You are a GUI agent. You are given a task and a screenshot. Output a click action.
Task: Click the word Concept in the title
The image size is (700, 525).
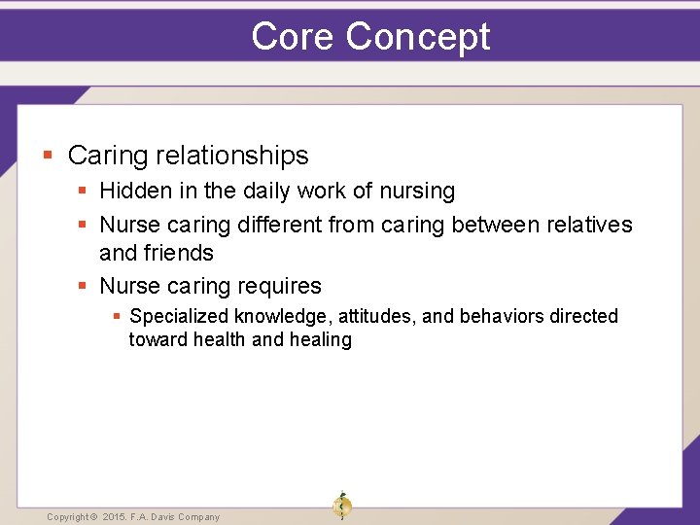[418, 37]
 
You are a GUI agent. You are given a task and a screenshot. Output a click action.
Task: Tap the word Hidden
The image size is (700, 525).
[134, 191]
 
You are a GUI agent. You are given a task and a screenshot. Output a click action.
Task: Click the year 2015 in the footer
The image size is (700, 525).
[115, 517]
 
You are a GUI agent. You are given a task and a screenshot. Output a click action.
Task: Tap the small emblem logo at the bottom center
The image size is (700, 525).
[341, 506]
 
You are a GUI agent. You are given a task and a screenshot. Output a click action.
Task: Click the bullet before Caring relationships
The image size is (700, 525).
[48, 156]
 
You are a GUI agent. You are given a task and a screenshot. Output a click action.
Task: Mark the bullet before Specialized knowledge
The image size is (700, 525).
[116, 317]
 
